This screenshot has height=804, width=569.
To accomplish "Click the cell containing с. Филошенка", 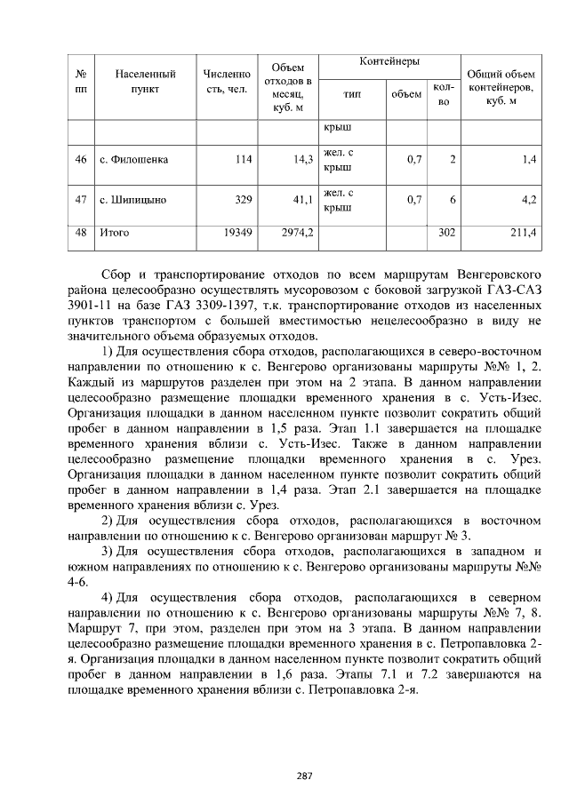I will (x=134, y=160).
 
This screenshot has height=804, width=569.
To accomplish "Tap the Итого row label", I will (x=114, y=233).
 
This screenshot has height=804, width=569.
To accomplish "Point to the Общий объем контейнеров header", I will (x=501, y=87).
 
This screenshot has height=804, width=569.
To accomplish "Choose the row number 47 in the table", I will (x=80, y=200).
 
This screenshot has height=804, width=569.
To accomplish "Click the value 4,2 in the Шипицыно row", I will (x=528, y=200).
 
